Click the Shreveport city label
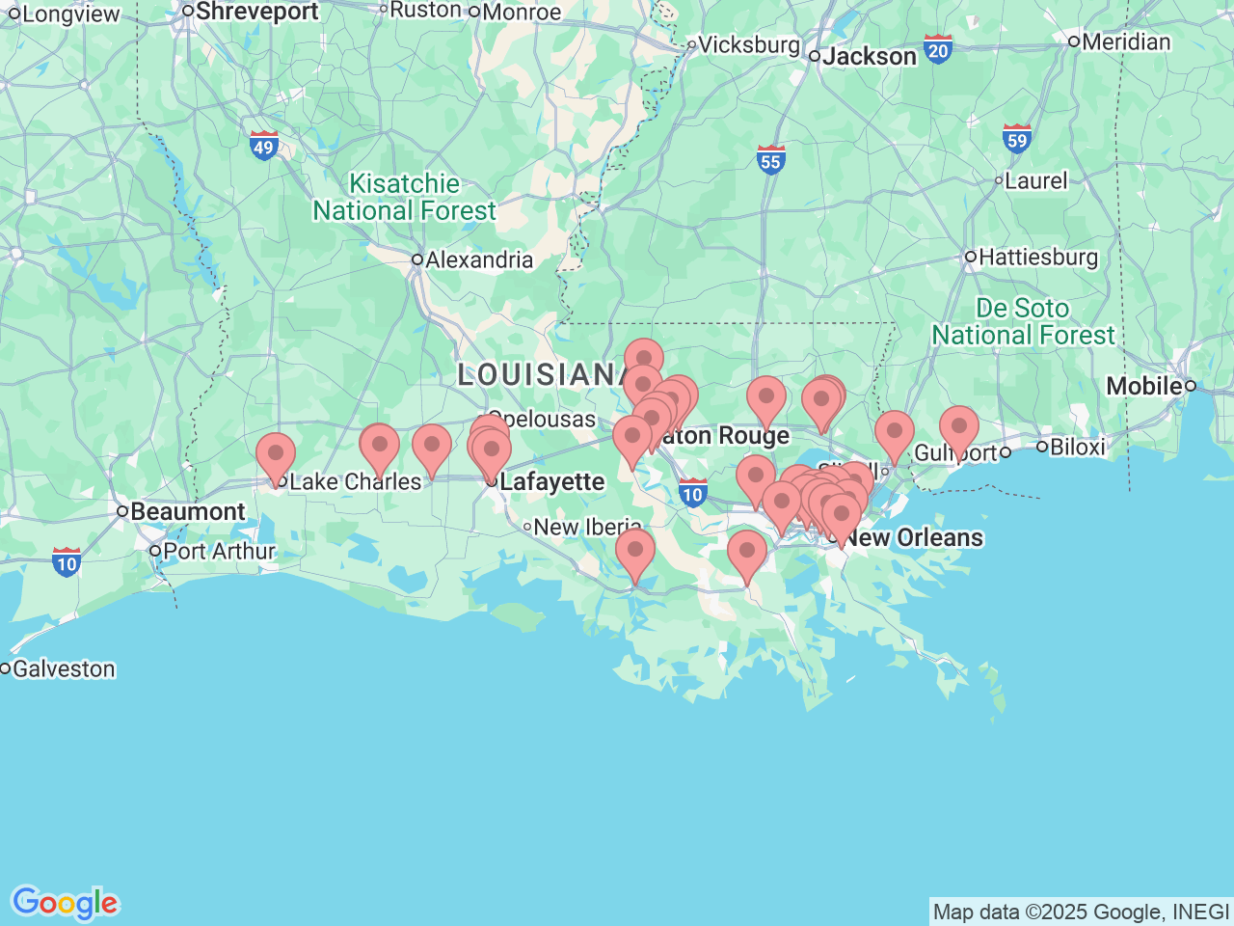click(256, 12)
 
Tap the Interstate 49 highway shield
click(263, 146)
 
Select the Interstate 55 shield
click(770, 159)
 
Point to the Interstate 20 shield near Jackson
click(937, 49)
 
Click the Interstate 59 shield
click(1016, 139)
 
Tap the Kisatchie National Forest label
click(404, 197)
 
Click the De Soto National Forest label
click(1023, 322)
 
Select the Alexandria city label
click(479, 259)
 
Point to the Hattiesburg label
click(1038, 258)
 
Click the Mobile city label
click(1143, 386)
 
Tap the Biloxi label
click(1077, 447)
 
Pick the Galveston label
click(64, 668)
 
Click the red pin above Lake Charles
click(276, 453)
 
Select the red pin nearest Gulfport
click(959, 427)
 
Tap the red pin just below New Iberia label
click(635, 550)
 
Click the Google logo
click(65, 903)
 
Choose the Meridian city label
click(1126, 41)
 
